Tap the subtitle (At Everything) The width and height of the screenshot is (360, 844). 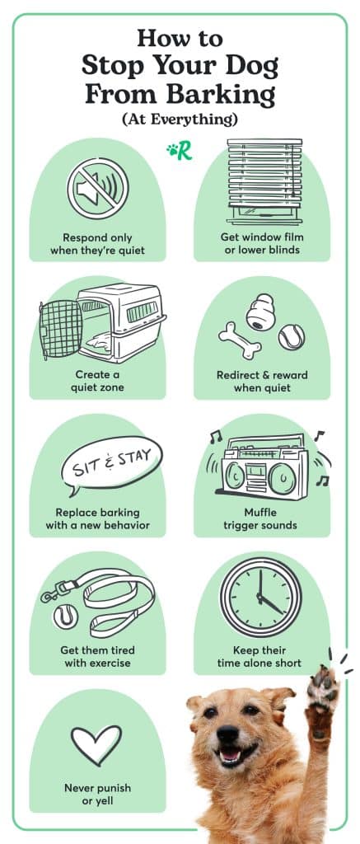(x=180, y=120)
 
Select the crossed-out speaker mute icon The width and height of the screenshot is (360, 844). (x=97, y=189)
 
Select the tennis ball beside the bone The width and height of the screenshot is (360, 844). (x=291, y=335)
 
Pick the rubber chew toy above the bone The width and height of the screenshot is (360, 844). (x=264, y=309)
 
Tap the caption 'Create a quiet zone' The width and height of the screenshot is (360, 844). (x=97, y=382)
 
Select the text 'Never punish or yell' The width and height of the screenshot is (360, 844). (x=97, y=793)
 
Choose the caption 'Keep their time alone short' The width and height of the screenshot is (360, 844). (x=262, y=657)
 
